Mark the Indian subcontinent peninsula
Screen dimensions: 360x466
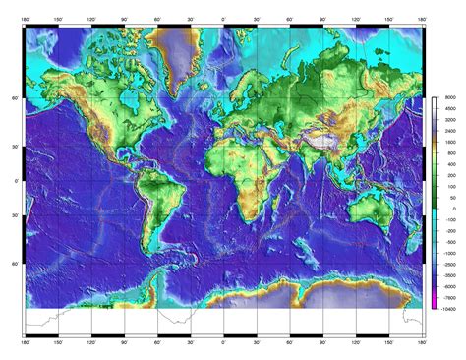(309, 161)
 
